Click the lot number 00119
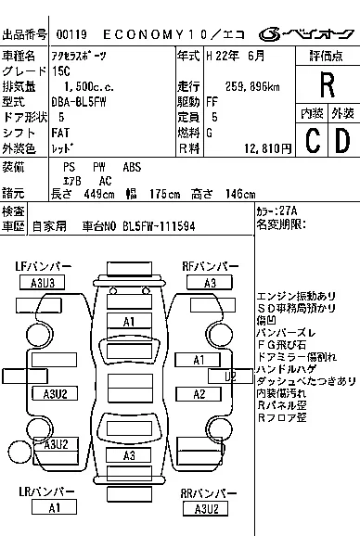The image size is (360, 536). click(x=69, y=34)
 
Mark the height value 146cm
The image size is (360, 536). click(x=239, y=194)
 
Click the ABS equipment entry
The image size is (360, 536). click(x=133, y=167)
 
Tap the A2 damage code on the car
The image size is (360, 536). click(x=198, y=394)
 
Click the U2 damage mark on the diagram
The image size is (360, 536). click(x=230, y=376)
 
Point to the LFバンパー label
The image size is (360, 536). click(x=42, y=267)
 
